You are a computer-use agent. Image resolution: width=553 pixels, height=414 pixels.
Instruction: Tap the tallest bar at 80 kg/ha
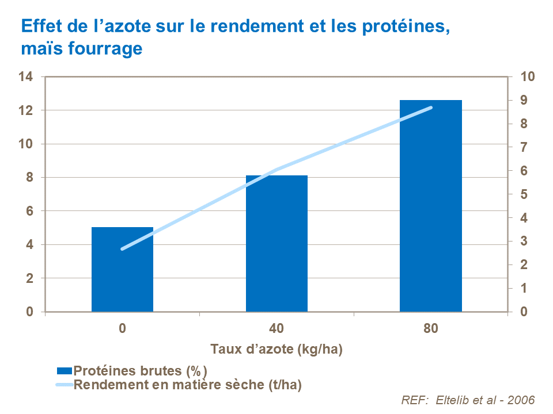coord(431,207)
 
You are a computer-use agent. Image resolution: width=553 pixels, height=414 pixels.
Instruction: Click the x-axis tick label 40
coord(276,329)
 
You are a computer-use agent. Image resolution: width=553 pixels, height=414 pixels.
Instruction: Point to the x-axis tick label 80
coord(431,329)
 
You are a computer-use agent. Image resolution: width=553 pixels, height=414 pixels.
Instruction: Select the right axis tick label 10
coord(528,76)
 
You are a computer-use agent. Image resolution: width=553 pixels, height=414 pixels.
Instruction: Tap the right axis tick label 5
coord(524,194)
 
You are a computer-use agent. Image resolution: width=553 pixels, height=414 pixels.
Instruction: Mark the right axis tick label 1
coord(524,288)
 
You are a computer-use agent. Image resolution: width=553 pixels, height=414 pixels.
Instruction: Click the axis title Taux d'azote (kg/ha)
coord(276,349)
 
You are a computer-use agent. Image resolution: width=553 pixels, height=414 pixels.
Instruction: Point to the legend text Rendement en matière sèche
coord(188,385)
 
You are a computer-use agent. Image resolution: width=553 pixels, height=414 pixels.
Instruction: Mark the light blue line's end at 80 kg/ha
coord(431,108)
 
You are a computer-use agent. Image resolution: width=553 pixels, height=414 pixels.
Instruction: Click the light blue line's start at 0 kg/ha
coord(122,249)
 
